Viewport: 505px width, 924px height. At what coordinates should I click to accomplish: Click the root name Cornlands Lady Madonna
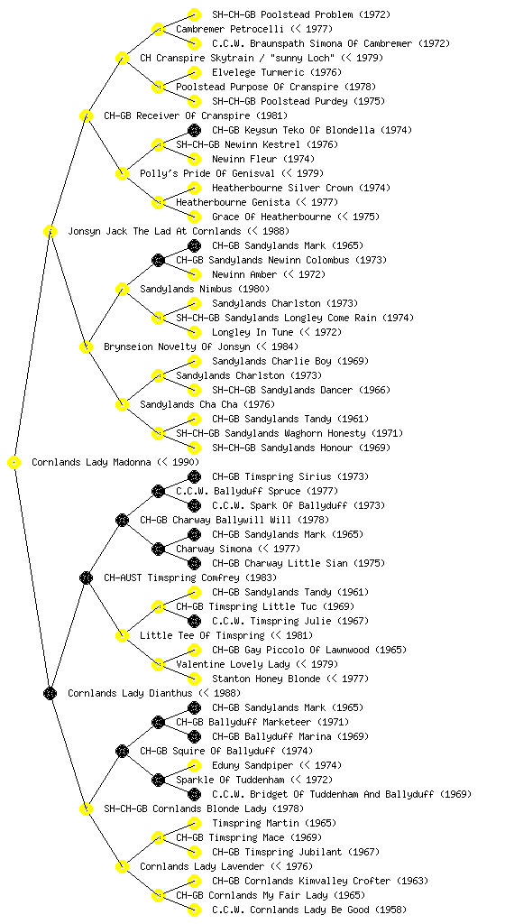[91, 462]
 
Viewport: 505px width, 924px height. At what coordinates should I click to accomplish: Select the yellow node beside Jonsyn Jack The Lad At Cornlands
[50, 231]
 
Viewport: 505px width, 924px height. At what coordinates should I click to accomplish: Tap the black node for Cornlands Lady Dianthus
[50, 693]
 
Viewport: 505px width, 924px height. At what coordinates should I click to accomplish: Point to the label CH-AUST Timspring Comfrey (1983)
[190, 577]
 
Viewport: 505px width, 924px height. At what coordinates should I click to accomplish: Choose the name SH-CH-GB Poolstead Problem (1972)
[301, 14]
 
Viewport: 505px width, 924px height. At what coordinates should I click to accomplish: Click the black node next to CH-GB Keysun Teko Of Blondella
[194, 130]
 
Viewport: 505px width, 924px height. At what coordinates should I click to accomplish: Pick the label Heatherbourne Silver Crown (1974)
[301, 188]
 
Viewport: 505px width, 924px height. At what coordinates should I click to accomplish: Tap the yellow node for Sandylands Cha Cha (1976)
[122, 404]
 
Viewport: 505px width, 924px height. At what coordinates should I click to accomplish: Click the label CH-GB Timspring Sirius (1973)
[298, 476]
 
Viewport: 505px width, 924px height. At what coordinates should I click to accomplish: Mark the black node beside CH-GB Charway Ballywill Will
[122, 520]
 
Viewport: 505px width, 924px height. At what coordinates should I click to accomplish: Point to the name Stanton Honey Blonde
[266, 679]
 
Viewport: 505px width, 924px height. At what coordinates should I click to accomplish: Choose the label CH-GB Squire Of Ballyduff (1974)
[226, 751]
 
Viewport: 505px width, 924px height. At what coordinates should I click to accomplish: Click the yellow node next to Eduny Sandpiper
[194, 765]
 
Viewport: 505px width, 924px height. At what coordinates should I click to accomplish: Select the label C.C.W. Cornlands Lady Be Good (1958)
[309, 910]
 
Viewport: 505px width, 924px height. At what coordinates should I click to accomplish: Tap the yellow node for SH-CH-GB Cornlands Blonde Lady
[86, 808]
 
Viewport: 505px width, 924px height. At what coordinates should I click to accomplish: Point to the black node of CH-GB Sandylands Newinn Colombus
[158, 260]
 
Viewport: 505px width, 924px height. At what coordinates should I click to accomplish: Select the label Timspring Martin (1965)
[273, 823]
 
